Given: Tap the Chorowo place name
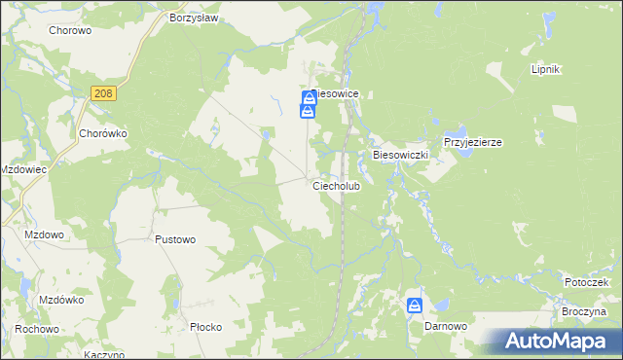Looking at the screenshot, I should tap(69, 30).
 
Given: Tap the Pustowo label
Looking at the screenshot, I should tap(175, 238).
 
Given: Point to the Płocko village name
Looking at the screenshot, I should tap(205, 327).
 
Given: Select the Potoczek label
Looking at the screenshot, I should tap(586, 282).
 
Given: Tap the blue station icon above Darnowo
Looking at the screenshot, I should tap(415, 306).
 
